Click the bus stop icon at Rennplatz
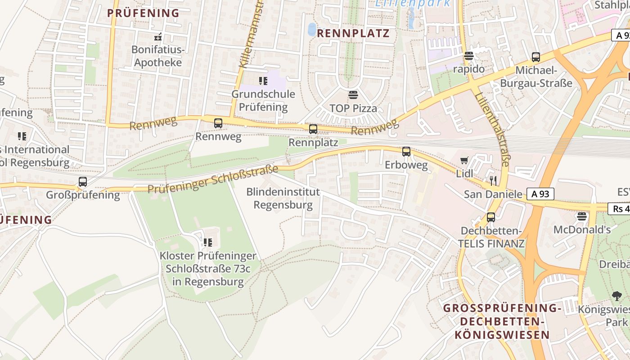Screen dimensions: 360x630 pyautogui.click(x=313, y=129)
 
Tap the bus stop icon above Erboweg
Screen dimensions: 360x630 pyautogui.click(x=406, y=152)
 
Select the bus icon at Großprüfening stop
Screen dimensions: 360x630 pyautogui.click(x=83, y=182)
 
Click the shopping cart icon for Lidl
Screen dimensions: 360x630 pyautogui.click(x=464, y=160)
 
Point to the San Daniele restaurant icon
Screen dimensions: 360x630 pyautogui.click(x=493, y=181)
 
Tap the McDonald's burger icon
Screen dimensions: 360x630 pyautogui.click(x=582, y=216)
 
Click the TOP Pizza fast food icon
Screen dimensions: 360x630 pyautogui.click(x=353, y=95)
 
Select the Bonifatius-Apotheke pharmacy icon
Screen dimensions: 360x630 pyautogui.click(x=157, y=37)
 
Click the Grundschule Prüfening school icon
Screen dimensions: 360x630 pyautogui.click(x=263, y=81)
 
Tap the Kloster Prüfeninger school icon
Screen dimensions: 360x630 pyautogui.click(x=208, y=243)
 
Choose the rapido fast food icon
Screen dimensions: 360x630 pyautogui.click(x=469, y=56)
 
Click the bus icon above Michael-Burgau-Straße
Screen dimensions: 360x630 pyautogui.click(x=536, y=57)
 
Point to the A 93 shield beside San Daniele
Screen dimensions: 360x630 pyautogui.click(x=540, y=194)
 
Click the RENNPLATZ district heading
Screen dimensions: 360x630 pyautogui.click(x=353, y=33)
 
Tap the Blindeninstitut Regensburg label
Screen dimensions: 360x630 pyautogui.click(x=283, y=198)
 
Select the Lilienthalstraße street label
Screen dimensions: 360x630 pyautogui.click(x=491, y=128)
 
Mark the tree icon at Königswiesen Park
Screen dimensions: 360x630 pyautogui.click(x=617, y=296)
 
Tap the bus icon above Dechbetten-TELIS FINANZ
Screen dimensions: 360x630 pyautogui.click(x=491, y=217)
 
